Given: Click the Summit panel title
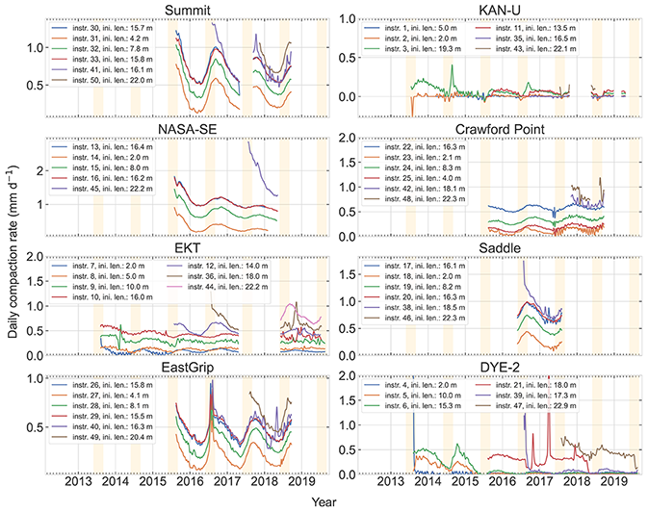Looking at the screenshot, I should click(189, 9).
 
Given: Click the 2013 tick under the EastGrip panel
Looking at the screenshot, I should click(80, 485).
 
